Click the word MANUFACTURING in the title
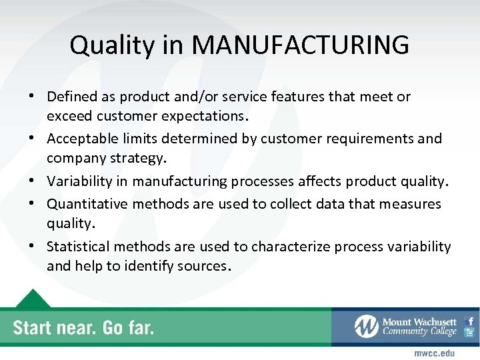click(300, 45)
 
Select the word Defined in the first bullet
click(71, 97)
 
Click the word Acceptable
click(81, 139)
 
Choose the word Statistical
click(77, 247)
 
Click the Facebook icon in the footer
click(469, 321)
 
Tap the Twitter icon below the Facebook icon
click(469, 333)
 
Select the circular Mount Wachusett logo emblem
click(366, 327)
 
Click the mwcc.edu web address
click(435, 353)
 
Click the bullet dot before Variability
click(32, 181)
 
